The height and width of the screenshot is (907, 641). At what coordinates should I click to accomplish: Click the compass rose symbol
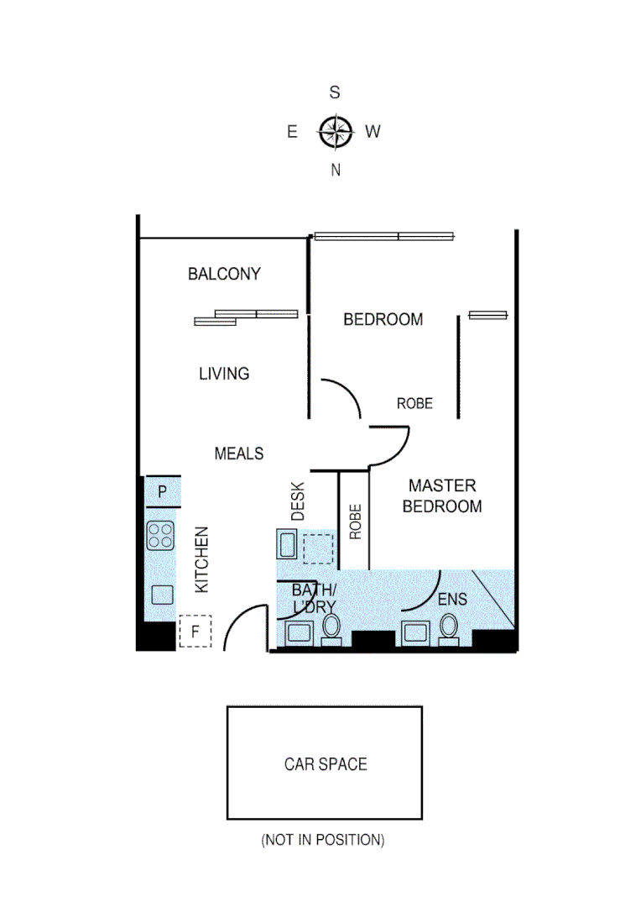334,131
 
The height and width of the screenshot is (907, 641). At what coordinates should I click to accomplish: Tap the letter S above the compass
334,93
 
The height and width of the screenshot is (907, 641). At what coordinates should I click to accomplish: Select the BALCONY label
224,274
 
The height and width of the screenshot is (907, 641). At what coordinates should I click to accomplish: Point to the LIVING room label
224,374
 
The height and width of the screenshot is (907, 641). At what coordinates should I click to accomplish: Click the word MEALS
239,453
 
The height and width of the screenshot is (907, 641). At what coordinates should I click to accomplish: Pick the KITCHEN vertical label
202,560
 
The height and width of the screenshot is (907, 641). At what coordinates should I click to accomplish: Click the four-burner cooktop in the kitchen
161,535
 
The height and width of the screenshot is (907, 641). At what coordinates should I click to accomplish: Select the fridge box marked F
195,632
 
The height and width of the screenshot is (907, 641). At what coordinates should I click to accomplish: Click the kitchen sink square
161,595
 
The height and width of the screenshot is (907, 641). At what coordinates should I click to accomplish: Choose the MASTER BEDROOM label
442,495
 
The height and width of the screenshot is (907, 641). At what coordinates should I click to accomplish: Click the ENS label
452,600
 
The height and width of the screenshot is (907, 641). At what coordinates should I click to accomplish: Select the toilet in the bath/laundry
332,627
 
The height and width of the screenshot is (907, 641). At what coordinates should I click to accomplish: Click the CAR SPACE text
326,764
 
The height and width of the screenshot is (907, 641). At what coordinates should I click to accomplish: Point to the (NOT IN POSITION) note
323,839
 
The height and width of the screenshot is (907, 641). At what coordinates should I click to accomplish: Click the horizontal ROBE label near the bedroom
414,404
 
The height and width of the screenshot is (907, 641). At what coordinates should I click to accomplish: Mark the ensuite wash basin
415,632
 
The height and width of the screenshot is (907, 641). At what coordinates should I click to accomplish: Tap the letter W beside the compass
373,131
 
